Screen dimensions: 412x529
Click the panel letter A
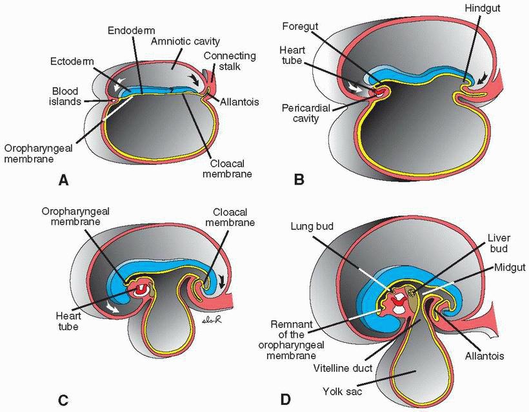(x=63, y=181)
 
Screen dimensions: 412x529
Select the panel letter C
(x=63, y=398)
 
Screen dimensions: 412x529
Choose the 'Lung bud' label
(x=314, y=226)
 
